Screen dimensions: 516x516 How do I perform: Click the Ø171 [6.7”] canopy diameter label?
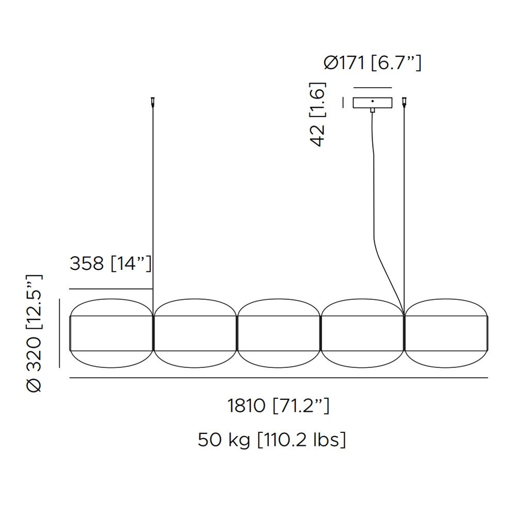372,63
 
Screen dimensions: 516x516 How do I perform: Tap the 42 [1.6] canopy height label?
317,114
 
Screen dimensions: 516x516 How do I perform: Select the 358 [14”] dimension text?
110,264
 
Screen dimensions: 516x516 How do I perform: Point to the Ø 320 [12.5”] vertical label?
34,333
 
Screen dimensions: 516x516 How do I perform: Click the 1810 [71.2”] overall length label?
279,405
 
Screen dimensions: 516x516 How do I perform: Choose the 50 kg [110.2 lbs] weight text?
272,440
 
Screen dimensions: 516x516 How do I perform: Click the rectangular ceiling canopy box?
373,103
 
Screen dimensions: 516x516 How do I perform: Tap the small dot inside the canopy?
373,101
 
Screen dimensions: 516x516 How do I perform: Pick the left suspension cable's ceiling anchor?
153,102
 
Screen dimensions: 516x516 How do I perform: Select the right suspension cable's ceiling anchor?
404,102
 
